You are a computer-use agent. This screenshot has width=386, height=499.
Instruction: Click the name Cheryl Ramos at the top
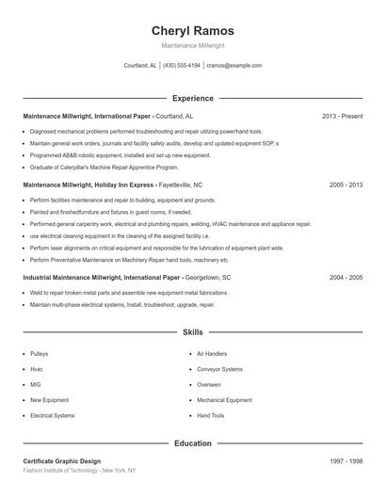[192, 30]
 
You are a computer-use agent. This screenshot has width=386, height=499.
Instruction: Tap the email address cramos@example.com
[233, 66]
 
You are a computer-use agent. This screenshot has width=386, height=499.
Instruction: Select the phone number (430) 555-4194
[182, 66]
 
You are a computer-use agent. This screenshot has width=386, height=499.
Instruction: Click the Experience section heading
[192, 98]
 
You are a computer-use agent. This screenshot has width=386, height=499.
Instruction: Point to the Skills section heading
[192, 332]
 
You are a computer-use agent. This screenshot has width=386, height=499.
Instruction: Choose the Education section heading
[192, 443]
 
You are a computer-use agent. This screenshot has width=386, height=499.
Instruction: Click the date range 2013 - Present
[342, 116]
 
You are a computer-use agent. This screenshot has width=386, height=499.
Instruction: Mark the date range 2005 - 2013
[346, 185]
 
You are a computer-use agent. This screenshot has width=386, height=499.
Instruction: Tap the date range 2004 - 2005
[346, 278]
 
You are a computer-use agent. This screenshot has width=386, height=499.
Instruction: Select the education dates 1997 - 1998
[346, 461]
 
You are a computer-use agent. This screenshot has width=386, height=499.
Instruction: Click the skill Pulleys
[39, 354]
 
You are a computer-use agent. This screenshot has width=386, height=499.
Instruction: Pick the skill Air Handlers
[211, 354]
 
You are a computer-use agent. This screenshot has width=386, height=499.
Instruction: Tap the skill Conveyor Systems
[219, 369]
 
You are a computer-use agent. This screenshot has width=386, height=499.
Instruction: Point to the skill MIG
[36, 384]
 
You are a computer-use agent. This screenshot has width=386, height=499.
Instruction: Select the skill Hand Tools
[210, 415]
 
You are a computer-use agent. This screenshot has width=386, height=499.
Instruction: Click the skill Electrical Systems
[52, 415]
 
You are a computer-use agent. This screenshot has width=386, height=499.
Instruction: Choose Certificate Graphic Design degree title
[61, 461]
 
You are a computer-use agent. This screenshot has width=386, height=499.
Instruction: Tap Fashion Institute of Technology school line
[79, 470]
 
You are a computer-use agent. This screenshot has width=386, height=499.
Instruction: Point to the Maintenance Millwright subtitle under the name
[192, 45]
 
